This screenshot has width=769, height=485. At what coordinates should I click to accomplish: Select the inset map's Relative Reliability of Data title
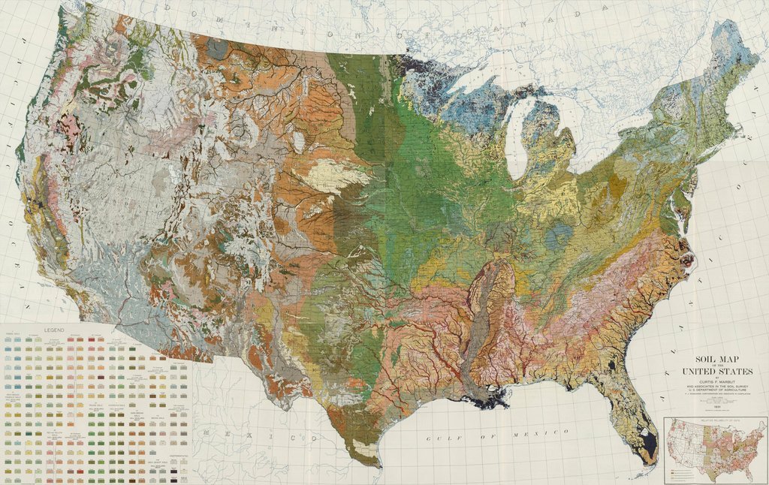pos(715,421)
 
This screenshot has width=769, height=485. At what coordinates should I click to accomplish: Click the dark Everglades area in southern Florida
pos(646,446)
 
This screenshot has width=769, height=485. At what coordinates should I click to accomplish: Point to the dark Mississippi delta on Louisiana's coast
pos(492,397)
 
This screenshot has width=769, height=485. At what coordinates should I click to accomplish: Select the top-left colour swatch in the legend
pos(8,339)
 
